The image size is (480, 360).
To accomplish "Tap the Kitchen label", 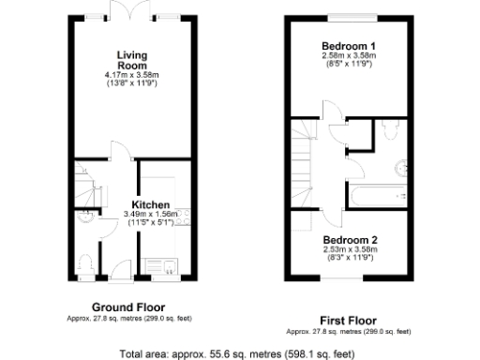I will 150,204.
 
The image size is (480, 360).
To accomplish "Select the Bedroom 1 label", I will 349,46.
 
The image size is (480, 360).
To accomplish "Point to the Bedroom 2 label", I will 349,240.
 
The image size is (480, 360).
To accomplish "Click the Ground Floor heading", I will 128,307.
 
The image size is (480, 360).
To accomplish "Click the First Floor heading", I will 348,319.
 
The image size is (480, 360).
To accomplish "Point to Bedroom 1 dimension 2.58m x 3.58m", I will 349,56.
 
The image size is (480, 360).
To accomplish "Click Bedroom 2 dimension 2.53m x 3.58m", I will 349,249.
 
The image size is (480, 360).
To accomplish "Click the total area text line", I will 237,353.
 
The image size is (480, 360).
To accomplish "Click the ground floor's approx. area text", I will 128,319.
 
